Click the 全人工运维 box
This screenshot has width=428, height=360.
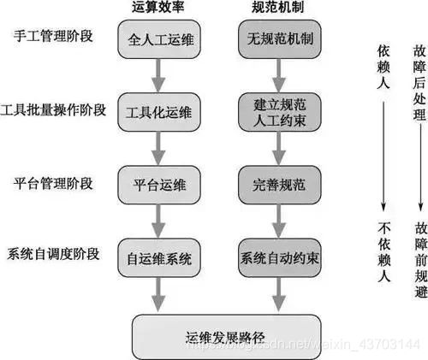159,39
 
